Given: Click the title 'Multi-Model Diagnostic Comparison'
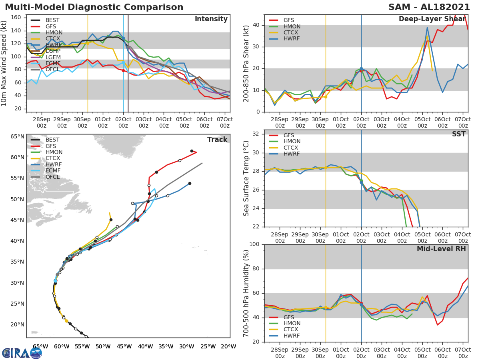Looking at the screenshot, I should tap(94, 7).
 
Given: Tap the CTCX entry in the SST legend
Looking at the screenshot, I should tap(292, 148).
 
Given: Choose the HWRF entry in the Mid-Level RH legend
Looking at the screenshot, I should tap(292, 336).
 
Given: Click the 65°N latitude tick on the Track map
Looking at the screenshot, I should tap(17, 136).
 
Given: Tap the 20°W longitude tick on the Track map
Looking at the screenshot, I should tap(228, 346).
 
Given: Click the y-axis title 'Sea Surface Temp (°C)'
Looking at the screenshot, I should tap(246, 178).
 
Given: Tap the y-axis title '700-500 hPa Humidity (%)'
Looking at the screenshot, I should tap(246, 293).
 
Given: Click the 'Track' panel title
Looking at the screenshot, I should tap(217, 140).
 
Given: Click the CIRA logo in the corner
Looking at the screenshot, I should tap(22, 353).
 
